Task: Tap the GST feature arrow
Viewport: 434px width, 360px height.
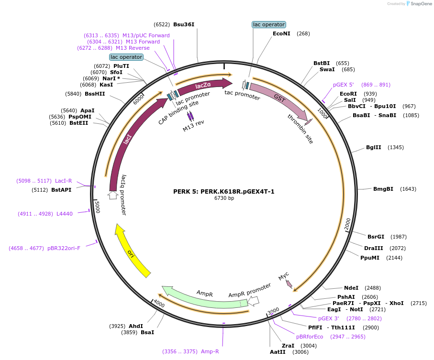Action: (x=280, y=99)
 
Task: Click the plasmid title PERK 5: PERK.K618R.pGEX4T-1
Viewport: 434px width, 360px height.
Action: (x=223, y=191)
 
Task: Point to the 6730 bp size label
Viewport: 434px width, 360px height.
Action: (x=224, y=198)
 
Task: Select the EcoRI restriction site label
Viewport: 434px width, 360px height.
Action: (x=348, y=94)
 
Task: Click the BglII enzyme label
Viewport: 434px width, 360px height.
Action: (x=373, y=147)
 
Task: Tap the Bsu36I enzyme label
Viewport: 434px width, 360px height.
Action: (x=184, y=24)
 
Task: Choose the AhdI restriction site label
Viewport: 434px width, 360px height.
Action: (x=136, y=326)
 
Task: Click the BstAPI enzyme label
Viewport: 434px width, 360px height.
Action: (x=61, y=190)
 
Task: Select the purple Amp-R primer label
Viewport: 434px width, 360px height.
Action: (x=210, y=351)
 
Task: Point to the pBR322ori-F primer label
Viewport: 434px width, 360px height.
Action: (x=64, y=248)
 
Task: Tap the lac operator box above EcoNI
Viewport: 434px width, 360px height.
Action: (x=268, y=24)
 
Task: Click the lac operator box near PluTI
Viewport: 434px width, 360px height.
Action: (x=126, y=57)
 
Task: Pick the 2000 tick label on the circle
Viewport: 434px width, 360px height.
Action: (x=348, y=223)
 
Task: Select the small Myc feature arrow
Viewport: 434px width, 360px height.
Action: (x=289, y=284)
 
